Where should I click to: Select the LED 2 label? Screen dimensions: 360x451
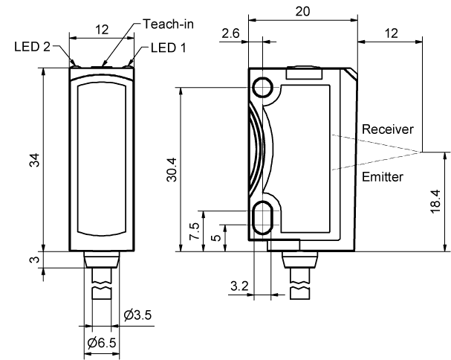point(32,47)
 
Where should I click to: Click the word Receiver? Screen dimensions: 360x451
point(383,129)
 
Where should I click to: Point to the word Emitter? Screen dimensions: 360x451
point(382,176)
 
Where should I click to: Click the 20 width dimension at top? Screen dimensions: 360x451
point(302,11)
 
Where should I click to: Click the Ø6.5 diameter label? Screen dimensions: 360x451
point(101,343)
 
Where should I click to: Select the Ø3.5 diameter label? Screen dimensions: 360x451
point(138,315)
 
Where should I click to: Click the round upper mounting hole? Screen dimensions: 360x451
point(262,89)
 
